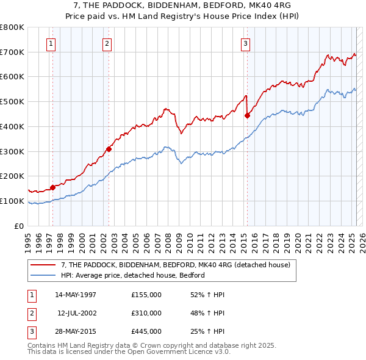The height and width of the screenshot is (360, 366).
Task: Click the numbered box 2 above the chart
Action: pos(107,43)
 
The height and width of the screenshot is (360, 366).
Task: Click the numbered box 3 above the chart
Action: pos(245,43)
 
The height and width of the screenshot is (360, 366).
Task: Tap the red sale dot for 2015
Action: pos(247,115)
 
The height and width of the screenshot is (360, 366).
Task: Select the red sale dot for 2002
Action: pos(109,148)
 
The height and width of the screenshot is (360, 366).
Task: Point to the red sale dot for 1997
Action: pos(53,187)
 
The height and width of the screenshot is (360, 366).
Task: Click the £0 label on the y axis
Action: pos(18,226)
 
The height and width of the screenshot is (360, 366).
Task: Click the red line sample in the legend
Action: pos(43,265)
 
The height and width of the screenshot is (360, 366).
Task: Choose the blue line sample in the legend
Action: pos(43,275)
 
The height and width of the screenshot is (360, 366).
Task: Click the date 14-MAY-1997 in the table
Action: pos(76,295)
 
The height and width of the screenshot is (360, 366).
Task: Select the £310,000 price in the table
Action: pos(146,313)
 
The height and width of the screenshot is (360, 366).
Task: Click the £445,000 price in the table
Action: pos(146,331)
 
